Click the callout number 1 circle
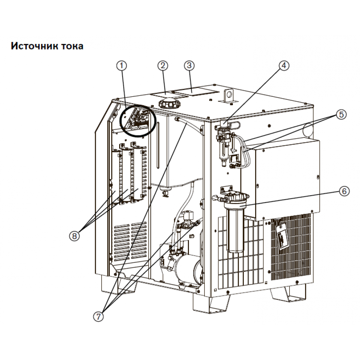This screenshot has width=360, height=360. tap(122, 66)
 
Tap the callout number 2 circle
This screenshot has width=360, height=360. tap(163, 66)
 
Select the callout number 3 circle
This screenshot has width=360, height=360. tap(189, 66)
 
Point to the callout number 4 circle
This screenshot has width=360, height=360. tap(284, 66)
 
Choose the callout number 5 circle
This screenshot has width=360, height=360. tap(341, 114)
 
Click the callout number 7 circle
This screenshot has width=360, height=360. tap(99, 316)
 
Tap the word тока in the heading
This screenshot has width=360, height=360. tap(72, 46)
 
